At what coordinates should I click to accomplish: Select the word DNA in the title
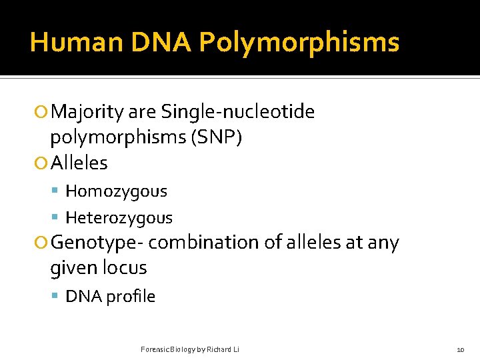click(x=162, y=43)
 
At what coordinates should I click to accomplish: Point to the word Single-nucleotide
click(x=237, y=111)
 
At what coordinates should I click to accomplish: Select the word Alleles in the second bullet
click(x=79, y=163)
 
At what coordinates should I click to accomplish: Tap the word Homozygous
click(x=116, y=191)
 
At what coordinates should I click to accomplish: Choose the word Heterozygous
click(x=119, y=218)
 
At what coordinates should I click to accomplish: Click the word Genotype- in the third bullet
click(x=97, y=243)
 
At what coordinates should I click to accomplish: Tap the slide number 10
click(x=460, y=349)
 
